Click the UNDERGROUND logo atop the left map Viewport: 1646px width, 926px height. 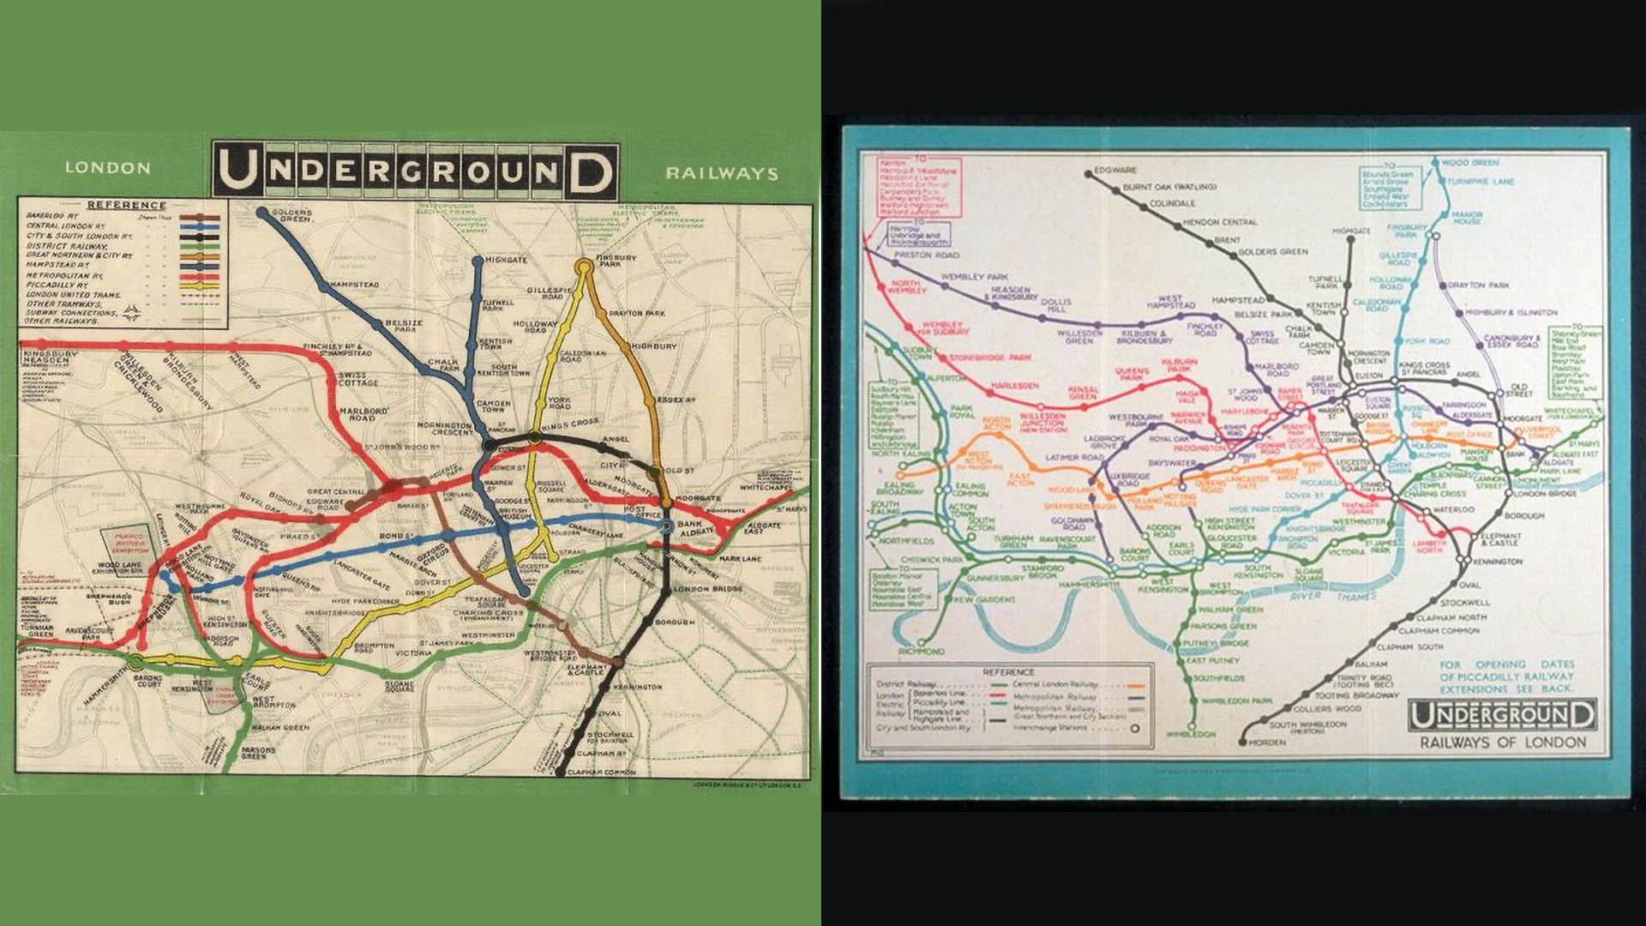[416, 171]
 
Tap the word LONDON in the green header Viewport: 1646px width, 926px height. [108, 168]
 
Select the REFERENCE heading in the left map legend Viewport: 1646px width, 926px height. [126, 205]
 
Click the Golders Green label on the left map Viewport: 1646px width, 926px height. [292, 215]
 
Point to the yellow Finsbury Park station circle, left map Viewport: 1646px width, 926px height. [585, 267]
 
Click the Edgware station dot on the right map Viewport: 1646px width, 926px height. [1087, 171]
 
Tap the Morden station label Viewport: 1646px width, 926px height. [1267, 743]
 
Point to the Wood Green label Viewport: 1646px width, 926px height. [1470, 162]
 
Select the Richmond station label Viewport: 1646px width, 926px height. [921, 652]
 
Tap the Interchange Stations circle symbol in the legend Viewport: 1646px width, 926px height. [1135, 729]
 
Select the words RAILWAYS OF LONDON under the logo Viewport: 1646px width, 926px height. [1503, 743]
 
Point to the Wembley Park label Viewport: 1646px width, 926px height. [974, 278]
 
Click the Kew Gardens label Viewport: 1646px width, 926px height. [983, 599]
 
